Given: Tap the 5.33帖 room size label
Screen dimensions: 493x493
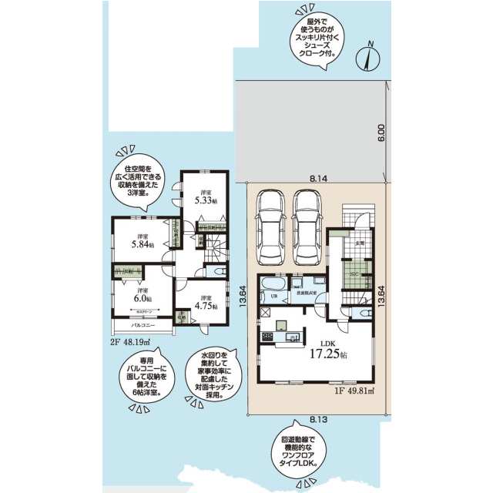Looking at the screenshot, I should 204,200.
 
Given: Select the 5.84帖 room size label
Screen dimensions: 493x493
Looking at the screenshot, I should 142,243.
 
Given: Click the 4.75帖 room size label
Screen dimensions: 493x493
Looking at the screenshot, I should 204,304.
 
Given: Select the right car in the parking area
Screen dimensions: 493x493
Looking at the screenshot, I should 308,217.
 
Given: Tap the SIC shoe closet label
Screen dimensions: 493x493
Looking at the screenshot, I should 354,275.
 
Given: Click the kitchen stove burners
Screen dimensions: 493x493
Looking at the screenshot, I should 268,337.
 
